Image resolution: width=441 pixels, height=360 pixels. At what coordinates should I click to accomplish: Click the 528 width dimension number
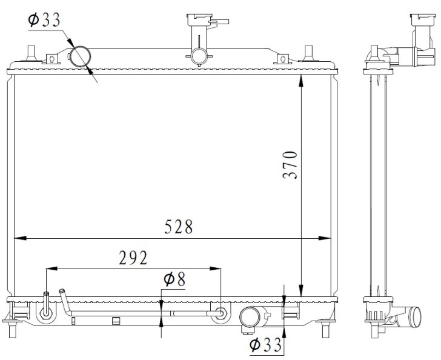(x=179, y=227)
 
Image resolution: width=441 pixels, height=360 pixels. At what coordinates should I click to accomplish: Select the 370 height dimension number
(x=290, y=165)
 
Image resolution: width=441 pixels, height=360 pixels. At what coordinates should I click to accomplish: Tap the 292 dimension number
(x=133, y=258)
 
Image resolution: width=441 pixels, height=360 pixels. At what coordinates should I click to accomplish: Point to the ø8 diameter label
(x=174, y=279)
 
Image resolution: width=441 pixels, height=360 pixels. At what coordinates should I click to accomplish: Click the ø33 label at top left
(x=44, y=20)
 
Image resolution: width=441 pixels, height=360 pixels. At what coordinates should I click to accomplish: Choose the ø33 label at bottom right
(x=265, y=344)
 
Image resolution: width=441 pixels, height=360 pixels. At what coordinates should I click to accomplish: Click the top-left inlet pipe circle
(x=81, y=56)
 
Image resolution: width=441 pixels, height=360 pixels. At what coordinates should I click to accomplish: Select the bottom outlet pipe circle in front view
(x=250, y=316)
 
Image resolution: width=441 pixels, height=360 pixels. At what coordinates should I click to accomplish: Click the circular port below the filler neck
(x=199, y=56)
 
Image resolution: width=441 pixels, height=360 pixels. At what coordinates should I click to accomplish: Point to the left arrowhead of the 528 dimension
(x=20, y=238)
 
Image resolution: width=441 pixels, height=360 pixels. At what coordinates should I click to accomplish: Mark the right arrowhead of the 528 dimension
(x=324, y=238)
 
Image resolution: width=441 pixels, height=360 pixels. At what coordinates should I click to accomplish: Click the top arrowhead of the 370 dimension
(x=301, y=81)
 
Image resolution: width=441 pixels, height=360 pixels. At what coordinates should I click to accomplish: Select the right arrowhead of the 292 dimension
(x=215, y=268)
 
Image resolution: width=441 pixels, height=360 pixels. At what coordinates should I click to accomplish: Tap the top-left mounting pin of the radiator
(x=31, y=53)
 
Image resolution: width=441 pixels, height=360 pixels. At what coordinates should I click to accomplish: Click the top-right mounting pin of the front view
(x=309, y=53)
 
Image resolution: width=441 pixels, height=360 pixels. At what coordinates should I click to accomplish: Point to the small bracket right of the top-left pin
(x=51, y=59)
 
